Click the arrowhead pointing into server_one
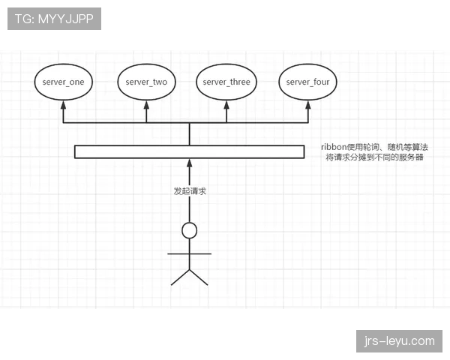tap(64, 104)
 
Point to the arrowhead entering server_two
tap(146, 104)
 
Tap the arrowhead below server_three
tap(226, 104)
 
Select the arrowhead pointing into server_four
tap(308, 104)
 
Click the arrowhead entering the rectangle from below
tap(190, 163)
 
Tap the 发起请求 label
tap(190, 191)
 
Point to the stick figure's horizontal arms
tap(190, 253)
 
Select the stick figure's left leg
tap(180, 277)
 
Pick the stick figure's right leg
tap(199, 277)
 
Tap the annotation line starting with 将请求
tap(374, 157)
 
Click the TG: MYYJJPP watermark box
tap(54, 19)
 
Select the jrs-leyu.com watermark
tap(399, 341)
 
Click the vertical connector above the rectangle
tap(190, 134)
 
